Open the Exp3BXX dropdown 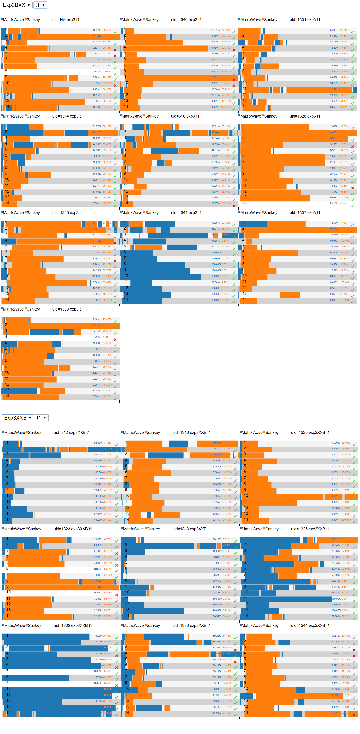(16, 5)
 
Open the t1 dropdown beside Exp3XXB (41, 418)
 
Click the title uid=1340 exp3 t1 (186, 20)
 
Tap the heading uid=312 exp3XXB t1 (71, 433)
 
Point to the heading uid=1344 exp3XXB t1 (310, 626)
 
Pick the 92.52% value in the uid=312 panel (98, 443)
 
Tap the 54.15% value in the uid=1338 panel (97, 331)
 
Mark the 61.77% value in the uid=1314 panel (97, 127)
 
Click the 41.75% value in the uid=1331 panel (334, 42)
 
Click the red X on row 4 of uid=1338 (115, 339)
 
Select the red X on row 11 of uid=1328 (353, 188)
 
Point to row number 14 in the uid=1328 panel (245, 203)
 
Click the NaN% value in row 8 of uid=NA (96, 71)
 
